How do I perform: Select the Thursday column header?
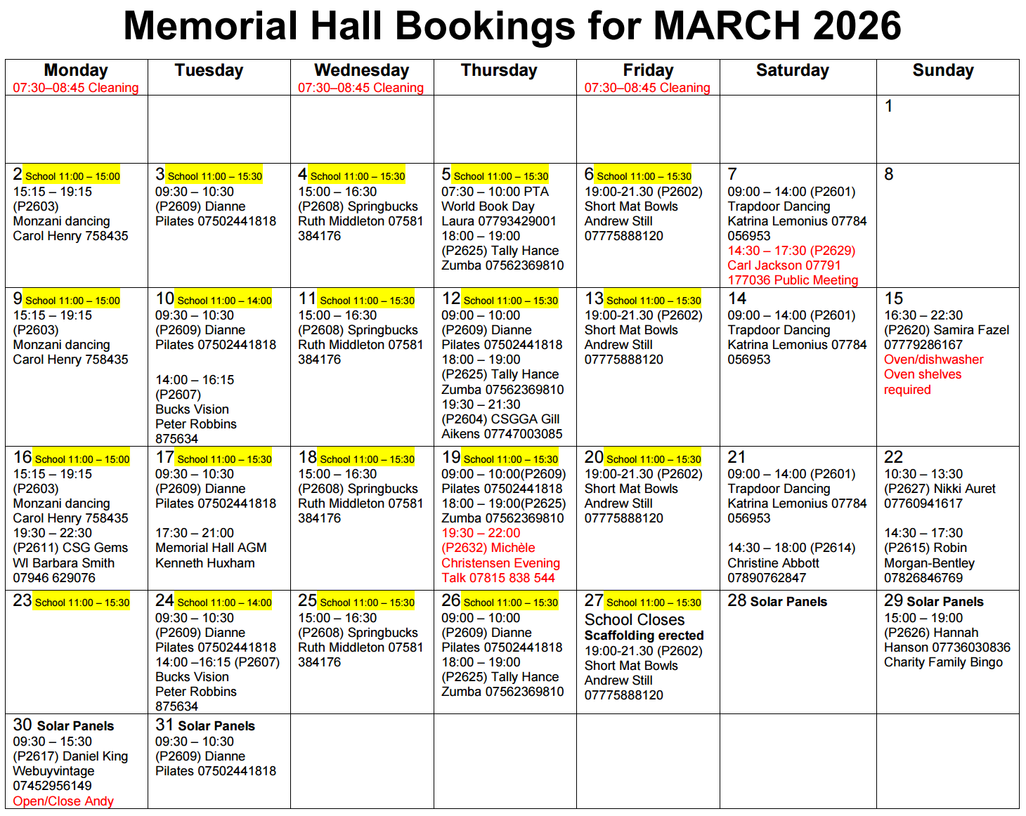(499, 70)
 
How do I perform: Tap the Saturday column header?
(792, 70)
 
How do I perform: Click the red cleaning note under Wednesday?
(361, 88)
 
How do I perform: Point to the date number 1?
(889, 106)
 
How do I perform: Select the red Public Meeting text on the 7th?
(807, 280)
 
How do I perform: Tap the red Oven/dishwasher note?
(933, 360)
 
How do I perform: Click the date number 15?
(894, 298)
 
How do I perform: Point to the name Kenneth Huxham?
(204, 563)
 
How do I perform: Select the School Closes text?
(634, 619)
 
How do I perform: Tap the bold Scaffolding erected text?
(644, 636)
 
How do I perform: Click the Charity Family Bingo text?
(943, 662)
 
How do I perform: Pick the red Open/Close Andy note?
(63, 801)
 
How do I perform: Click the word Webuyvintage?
(53, 771)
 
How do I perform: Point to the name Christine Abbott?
(773, 563)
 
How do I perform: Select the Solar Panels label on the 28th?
(788, 602)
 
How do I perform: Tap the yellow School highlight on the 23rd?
(82, 603)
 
